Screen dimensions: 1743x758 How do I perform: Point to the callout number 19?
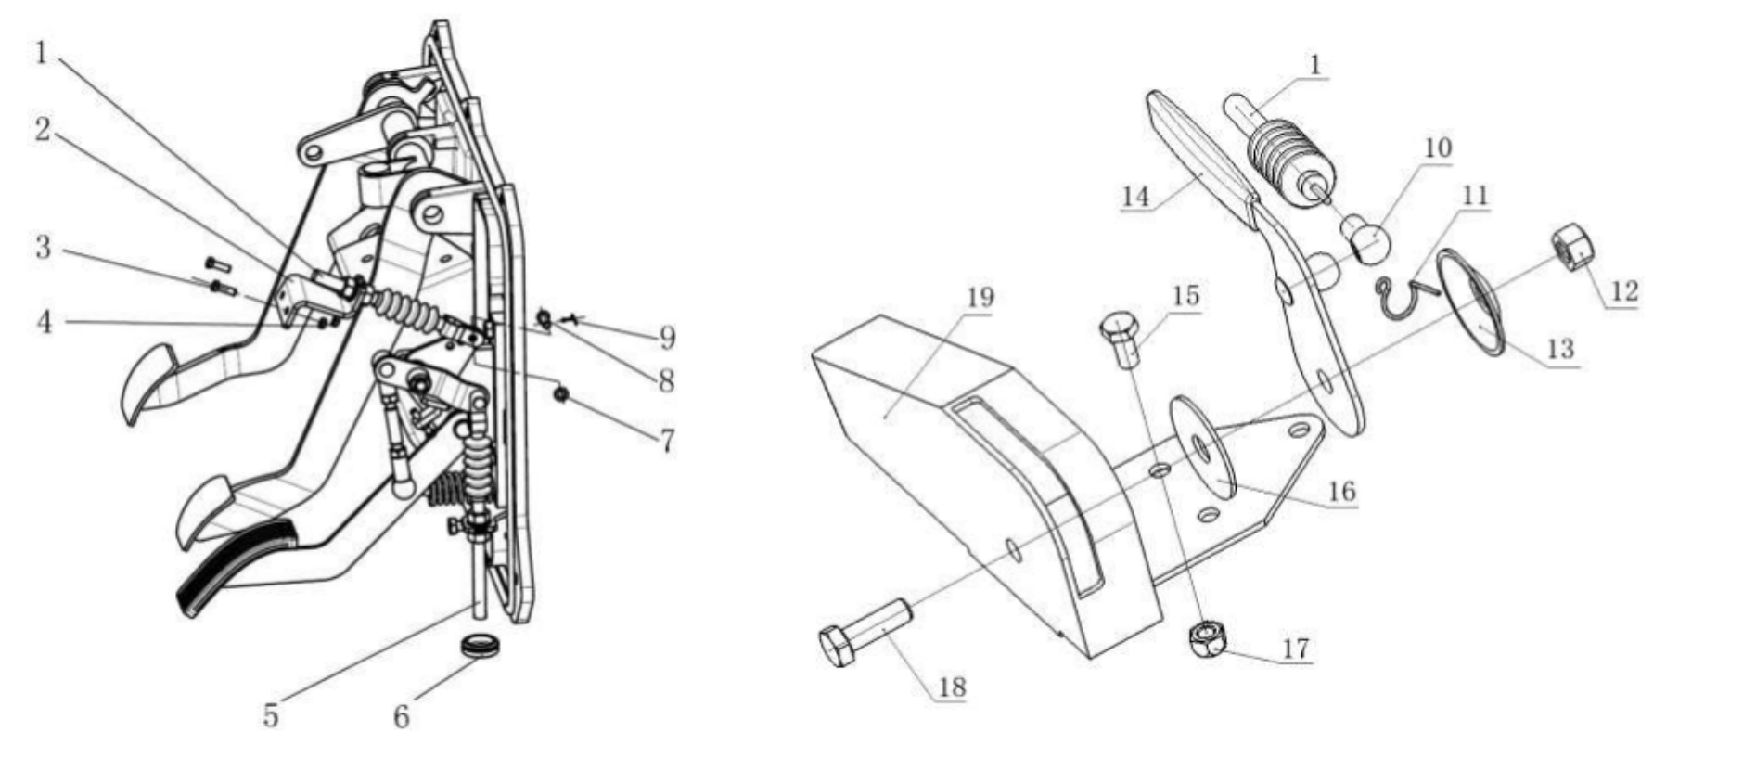click(x=980, y=297)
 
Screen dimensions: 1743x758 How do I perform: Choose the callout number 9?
click(x=667, y=338)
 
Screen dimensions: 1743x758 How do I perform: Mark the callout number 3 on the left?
click(x=44, y=248)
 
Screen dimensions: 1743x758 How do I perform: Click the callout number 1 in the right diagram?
click(x=1314, y=65)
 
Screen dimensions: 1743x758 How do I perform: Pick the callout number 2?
click(x=43, y=130)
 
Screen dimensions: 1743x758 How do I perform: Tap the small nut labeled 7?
click(x=560, y=395)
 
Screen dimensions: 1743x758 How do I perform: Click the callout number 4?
click(x=45, y=322)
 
